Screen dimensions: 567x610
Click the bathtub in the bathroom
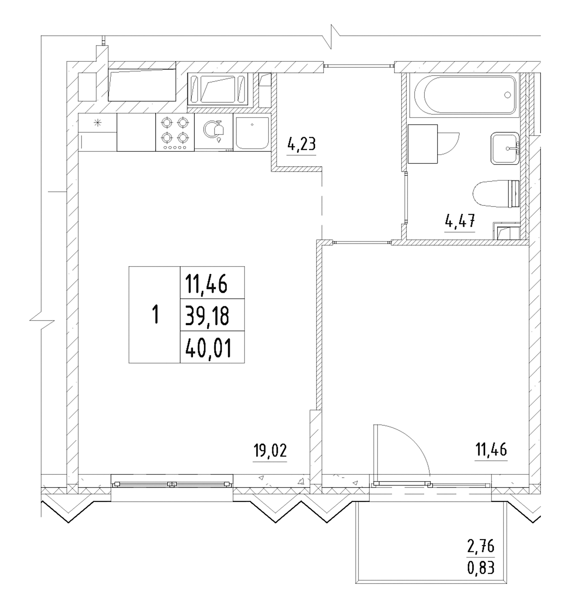coord(464,95)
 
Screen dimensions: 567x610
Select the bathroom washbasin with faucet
coord(505,148)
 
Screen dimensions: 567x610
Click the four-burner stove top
coord(175,132)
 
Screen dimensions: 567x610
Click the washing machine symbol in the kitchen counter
coord(214,132)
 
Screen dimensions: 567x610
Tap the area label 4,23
coord(301,144)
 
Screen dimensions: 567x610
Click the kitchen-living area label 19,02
coord(270,451)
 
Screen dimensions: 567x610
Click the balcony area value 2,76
coord(481,547)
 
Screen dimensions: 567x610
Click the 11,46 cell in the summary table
coord(206,284)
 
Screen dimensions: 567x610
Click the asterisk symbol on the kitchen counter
coord(98,123)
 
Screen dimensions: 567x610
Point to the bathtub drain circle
coord(507,95)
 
